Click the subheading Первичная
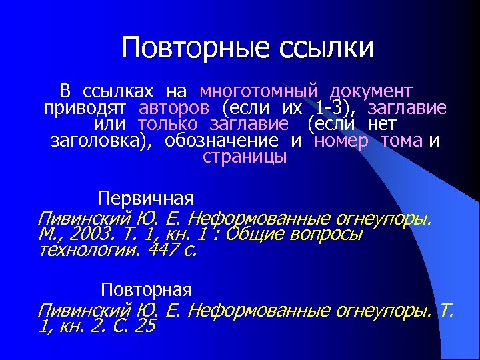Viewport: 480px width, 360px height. tap(146, 199)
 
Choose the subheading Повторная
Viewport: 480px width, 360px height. tap(147, 290)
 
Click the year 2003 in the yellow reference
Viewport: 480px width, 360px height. tap(85, 234)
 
